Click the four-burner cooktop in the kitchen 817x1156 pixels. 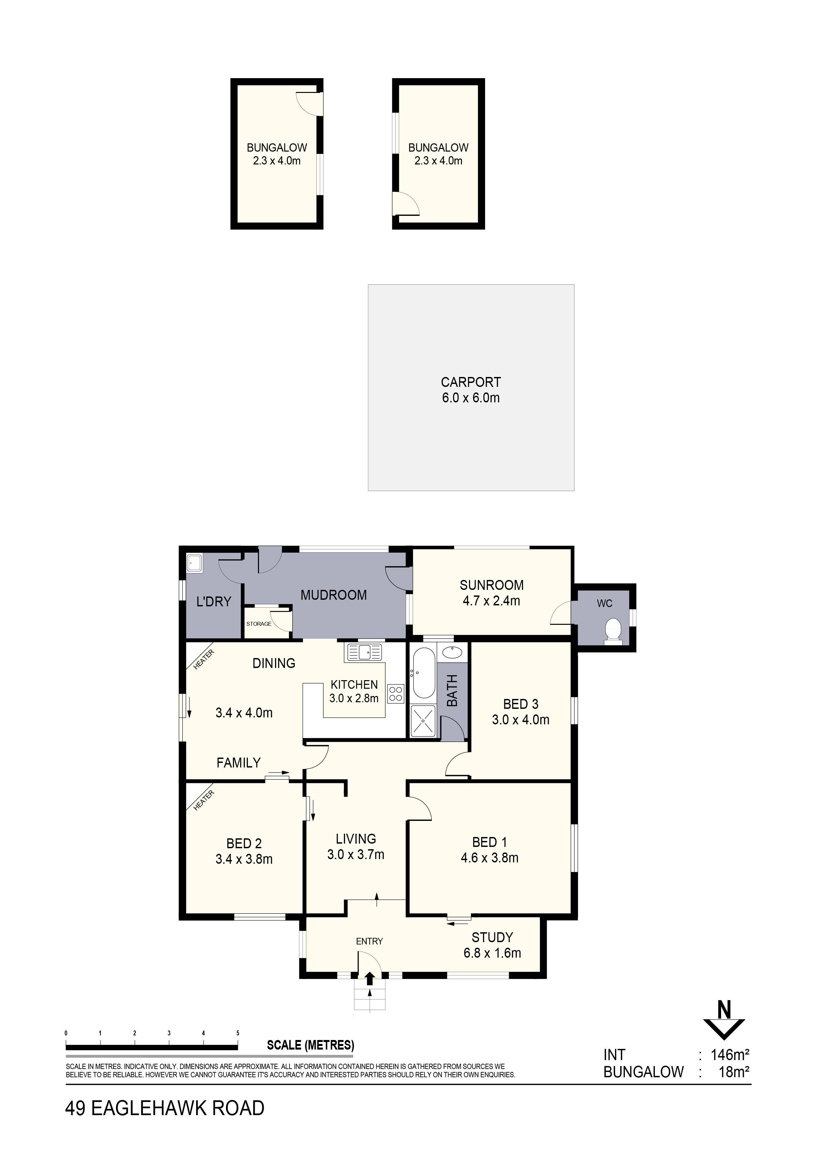point(396,694)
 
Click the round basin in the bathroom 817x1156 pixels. point(452,653)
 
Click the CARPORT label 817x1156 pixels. point(471,382)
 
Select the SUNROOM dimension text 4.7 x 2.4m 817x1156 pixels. point(491,601)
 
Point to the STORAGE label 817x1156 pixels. point(259,624)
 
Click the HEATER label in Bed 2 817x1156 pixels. point(204,800)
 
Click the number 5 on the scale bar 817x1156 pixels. point(238,1033)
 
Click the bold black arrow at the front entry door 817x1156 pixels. point(370,978)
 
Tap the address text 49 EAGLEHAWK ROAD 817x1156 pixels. point(164,1108)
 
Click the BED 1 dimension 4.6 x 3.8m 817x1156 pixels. point(489,858)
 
